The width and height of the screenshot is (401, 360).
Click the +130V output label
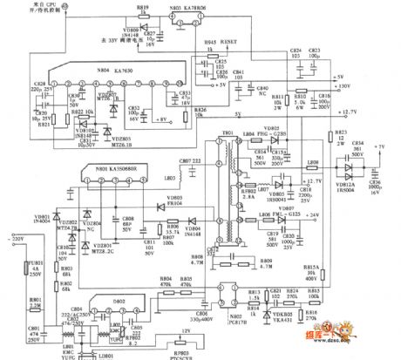click(x=368, y=86)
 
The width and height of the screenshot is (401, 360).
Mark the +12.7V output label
click(x=370, y=112)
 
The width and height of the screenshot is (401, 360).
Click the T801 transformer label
click(x=228, y=134)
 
